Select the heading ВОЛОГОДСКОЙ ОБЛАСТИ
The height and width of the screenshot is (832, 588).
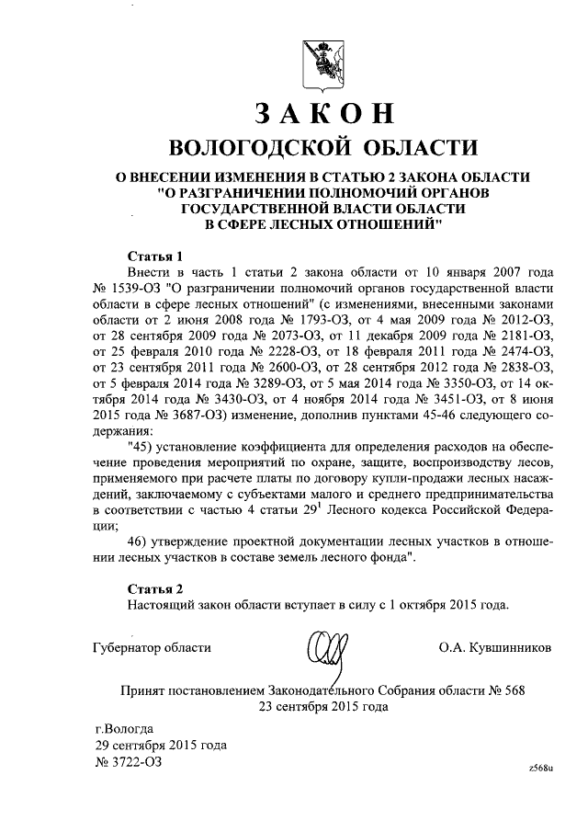(325, 148)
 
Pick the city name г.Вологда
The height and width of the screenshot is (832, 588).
(125, 728)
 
